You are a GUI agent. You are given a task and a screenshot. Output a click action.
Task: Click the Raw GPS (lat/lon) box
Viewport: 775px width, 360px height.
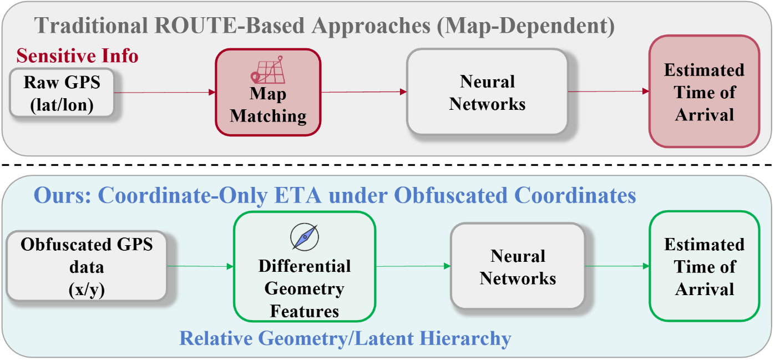[x=62, y=93]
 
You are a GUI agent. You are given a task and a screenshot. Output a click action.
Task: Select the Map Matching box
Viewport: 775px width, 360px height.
[x=268, y=92]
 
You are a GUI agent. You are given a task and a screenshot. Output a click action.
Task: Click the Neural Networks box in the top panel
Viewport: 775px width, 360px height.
[x=487, y=92]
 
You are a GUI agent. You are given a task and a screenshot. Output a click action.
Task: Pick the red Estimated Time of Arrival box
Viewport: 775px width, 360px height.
[x=704, y=92]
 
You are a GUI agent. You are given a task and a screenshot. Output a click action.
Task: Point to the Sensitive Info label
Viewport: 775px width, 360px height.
[x=77, y=55]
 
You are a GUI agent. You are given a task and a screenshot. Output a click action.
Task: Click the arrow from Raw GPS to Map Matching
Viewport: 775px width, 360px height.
[x=165, y=92]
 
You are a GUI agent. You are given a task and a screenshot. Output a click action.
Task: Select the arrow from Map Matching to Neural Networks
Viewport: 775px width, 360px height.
[x=364, y=92]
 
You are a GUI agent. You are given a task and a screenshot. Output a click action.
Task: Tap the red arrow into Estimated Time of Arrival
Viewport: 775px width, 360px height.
[x=609, y=92]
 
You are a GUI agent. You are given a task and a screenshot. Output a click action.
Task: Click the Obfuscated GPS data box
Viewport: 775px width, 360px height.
[x=87, y=266]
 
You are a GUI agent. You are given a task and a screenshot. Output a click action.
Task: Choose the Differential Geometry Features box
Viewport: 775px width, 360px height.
[x=305, y=266]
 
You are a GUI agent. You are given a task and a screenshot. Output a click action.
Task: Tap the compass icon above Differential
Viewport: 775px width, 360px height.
[x=305, y=237]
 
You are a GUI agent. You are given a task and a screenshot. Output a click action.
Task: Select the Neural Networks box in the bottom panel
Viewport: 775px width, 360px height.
[x=518, y=266]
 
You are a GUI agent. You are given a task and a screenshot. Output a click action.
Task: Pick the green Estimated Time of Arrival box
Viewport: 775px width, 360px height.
[x=704, y=266]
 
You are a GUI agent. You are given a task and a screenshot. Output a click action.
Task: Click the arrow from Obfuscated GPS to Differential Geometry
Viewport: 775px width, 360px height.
[x=200, y=266]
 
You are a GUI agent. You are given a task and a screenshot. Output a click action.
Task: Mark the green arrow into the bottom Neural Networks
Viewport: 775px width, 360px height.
[x=413, y=266]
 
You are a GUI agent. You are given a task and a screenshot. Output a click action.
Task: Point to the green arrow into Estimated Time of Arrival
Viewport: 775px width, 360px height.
[x=617, y=266]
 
